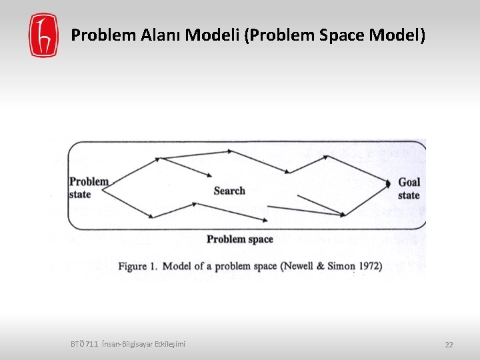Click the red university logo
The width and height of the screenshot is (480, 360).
tap(43, 35)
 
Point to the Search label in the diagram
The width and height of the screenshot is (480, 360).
tap(229, 191)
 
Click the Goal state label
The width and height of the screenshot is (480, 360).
tap(409, 188)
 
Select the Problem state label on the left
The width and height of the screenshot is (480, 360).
tap(89, 187)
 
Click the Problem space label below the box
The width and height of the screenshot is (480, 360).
tap(240, 239)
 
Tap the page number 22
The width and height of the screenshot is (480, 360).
tap(449, 345)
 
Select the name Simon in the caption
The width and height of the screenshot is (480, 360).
tap(339, 266)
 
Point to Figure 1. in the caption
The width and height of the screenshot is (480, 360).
tap(138, 266)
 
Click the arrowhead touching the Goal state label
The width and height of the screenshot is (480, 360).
tap(389, 182)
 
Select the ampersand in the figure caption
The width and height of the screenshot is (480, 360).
tap(322, 266)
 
